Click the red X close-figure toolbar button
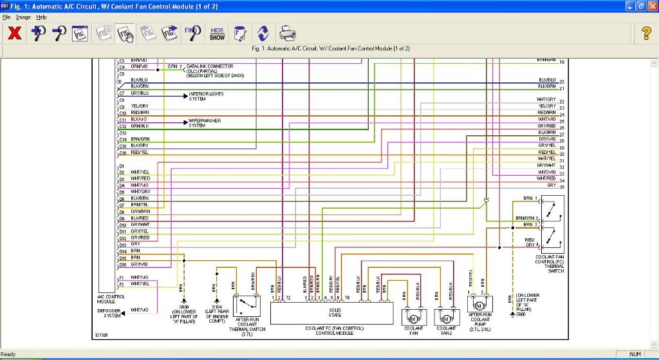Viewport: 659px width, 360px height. [x=14, y=33]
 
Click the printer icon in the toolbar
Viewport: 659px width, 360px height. [x=287, y=33]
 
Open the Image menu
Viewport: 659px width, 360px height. [x=23, y=17]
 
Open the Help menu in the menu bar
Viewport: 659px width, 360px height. [x=42, y=17]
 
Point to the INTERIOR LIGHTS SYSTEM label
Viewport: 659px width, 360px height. [x=205, y=97]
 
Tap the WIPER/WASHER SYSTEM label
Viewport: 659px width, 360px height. [x=205, y=122]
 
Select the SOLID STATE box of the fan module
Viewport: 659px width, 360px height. [x=331, y=313]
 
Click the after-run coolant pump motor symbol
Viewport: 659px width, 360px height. [x=479, y=303]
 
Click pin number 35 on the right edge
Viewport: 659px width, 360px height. [x=562, y=186]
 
